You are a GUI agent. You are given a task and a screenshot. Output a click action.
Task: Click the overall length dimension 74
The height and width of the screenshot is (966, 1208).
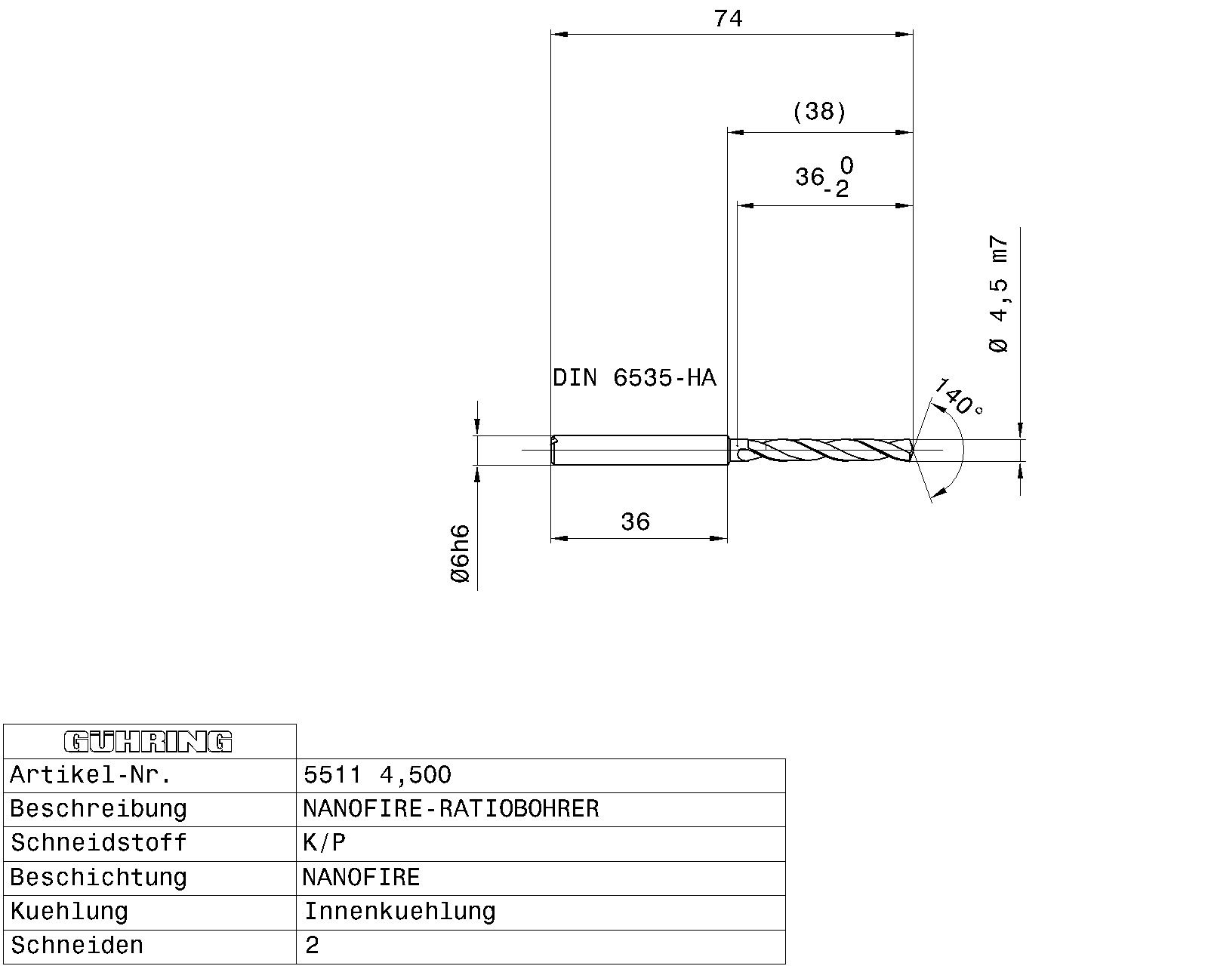(x=728, y=19)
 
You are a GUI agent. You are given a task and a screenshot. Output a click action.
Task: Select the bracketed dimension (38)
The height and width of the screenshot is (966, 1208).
(x=819, y=112)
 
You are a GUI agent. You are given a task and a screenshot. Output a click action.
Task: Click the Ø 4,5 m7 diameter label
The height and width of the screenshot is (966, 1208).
(x=998, y=294)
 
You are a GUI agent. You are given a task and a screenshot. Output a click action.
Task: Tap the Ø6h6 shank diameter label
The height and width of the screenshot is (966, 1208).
(x=460, y=554)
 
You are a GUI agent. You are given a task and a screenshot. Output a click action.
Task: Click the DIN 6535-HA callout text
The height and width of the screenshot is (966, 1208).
(x=634, y=377)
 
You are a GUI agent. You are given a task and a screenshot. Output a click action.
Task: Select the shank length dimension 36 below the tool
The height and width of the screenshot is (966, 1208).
(x=635, y=521)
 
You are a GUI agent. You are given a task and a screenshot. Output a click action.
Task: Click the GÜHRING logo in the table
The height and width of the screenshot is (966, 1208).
(x=149, y=742)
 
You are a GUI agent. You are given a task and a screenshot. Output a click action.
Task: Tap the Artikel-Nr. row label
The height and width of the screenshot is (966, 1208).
(x=91, y=775)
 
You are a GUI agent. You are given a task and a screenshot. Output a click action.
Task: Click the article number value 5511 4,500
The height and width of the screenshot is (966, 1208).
(x=377, y=775)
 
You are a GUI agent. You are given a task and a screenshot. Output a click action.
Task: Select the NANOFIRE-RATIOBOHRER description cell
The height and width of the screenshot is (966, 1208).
(x=451, y=809)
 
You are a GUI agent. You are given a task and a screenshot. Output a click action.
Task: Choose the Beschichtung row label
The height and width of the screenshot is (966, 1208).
(x=97, y=878)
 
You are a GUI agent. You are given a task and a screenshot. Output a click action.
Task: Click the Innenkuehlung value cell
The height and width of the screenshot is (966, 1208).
(x=399, y=912)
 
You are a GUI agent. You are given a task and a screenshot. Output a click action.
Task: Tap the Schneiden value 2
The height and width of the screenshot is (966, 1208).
(x=312, y=946)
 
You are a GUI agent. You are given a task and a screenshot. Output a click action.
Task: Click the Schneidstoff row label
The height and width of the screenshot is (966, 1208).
(x=98, y=843)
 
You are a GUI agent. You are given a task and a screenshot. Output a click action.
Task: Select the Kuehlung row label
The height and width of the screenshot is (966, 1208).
(x=69, y=912)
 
